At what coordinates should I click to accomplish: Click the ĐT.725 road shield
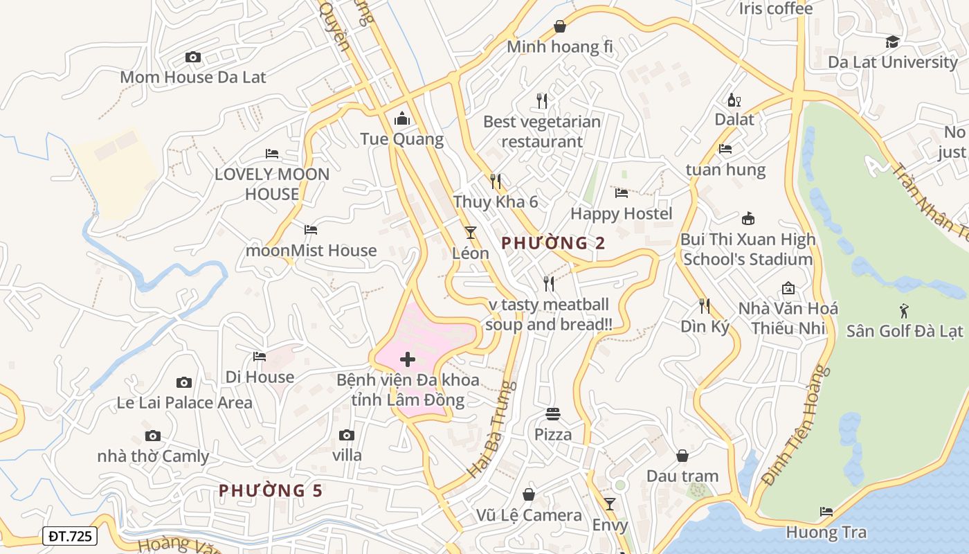click(70, 536)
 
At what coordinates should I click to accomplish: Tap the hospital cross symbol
click(408, 359)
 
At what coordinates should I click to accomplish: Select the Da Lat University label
click(893, 62)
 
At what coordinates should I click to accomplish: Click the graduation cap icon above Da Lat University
click(893, 42)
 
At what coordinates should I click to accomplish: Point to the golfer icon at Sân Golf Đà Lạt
click(904, 310)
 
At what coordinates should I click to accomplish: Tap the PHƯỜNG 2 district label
click(553, 243)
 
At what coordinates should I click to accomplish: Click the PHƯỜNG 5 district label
click(271, 491)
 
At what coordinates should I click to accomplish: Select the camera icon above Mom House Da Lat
click(193, 57)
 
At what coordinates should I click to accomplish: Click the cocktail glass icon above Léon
click(471, 232)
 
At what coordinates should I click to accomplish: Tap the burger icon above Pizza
click(553, 414)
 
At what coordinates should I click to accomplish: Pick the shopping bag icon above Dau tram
click(682, 456)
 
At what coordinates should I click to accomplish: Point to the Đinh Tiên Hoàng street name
click(795, 426)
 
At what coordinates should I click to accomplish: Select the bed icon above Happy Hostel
click(622, 193)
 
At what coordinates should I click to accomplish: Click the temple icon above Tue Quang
click(402, 119)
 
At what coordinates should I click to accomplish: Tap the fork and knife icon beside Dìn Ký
click(705, 305)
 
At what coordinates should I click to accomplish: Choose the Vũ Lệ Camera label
click(529, 515)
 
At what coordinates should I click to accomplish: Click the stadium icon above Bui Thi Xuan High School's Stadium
click(748, 219)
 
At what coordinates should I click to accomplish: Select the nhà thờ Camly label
click(153, 456)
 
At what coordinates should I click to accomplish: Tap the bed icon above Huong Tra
click(826, 512)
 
